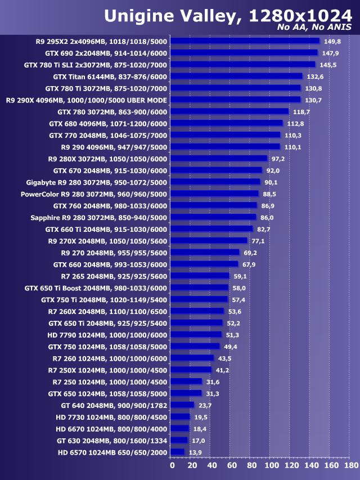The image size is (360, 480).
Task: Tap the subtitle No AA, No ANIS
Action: (x=315, y=27)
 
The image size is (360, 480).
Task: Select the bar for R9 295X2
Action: (x=245, y=41)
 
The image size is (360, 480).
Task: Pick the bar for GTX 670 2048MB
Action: (x=216, y=171)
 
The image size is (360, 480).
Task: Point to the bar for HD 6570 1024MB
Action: (x=177, y=452)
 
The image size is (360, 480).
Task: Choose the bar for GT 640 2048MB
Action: (x=182, y=405)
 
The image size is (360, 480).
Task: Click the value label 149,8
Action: (x=332, y=41)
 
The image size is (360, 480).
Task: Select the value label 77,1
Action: (x=258, y=241)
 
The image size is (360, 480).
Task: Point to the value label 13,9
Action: (x=195, y=452)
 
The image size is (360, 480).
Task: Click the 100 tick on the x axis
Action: (x=271, y=466)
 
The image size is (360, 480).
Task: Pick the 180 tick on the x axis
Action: (x=350, y=466)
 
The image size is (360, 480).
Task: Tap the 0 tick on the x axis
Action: (x=172, y=466)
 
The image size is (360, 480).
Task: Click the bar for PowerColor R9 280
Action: (x=214, y=194)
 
